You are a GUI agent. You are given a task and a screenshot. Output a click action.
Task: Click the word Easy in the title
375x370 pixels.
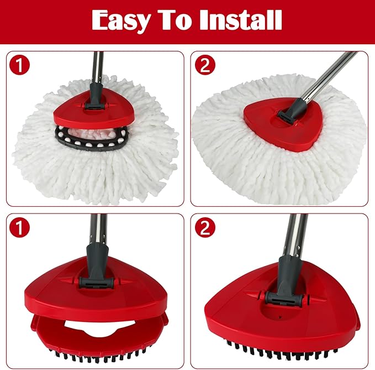pyautogui.click(x=122, y=21)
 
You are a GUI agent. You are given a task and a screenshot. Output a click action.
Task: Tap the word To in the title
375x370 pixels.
pyautogui.click(x=176, y=20)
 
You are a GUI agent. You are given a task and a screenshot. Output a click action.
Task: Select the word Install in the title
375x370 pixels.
pyautogui.click(x=241, y=20)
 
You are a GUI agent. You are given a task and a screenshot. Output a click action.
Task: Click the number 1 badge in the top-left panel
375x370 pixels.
pyautogui.click(x=19, y=65)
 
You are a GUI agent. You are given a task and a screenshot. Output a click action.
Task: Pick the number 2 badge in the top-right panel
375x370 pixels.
pyautogui.click(x=205, y=65)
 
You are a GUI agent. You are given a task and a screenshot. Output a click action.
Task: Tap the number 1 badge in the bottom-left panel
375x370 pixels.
pyautogui.click(x=19, y=227)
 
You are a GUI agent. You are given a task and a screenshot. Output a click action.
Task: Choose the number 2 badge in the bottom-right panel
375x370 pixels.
pyautogui.click(x=205, y=227)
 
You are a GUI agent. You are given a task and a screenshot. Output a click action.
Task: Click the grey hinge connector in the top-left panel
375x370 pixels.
pyautogui.click(x=94, y=106)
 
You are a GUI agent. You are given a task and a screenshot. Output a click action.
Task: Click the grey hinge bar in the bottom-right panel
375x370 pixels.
pyautogui.click(x=283, y=299)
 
